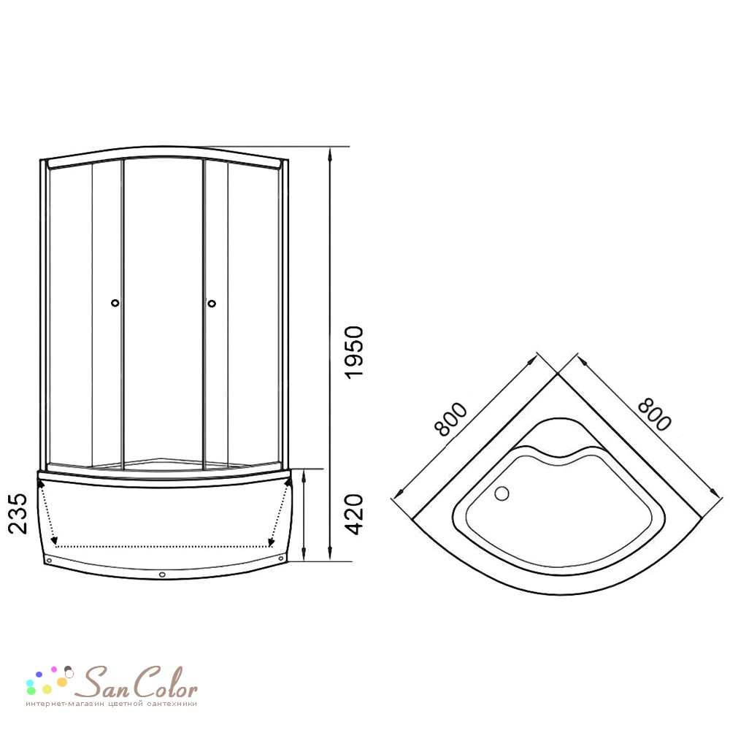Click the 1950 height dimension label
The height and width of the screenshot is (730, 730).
[354, 353]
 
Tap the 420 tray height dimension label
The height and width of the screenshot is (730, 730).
[354, 515]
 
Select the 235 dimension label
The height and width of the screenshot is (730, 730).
[18, 513]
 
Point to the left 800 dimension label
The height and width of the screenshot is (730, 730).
[450, 418]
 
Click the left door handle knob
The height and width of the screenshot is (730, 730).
[115, 303]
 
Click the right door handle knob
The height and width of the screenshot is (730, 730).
[212, 304]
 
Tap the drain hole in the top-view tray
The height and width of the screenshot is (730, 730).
[502, 493]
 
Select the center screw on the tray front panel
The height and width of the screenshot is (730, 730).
[162, 575]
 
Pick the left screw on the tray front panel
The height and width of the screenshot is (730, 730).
[49, 561]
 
